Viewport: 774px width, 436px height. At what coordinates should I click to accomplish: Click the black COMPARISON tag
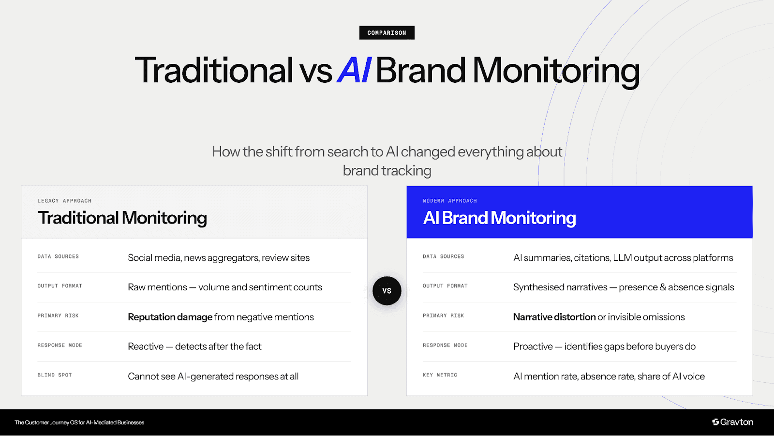387,33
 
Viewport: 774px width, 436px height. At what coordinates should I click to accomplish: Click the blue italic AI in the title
354,71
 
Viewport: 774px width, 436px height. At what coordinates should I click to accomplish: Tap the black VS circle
387,291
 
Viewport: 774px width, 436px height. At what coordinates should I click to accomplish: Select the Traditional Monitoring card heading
122,218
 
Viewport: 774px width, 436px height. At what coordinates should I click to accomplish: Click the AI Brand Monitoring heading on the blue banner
499,218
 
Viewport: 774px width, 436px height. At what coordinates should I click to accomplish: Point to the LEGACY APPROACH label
64,201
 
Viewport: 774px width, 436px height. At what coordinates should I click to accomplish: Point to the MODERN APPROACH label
449,201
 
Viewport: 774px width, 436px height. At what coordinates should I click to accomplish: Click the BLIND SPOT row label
55,375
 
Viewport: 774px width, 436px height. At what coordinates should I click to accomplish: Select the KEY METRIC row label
440,375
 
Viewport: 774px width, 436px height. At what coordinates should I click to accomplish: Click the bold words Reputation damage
170,317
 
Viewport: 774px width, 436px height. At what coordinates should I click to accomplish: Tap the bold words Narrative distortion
554,317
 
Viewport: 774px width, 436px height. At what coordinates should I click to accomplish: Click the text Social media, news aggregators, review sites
219,258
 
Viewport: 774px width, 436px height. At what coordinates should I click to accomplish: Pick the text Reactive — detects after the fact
194,346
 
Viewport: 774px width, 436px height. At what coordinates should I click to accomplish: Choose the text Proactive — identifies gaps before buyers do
604,346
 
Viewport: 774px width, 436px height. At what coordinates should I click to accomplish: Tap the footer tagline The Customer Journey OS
79,422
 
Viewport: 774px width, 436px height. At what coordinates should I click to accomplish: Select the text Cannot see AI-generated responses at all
213,376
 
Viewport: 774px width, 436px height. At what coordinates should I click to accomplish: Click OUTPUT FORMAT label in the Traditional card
60,286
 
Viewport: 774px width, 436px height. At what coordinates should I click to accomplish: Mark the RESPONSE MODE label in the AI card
445,346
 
